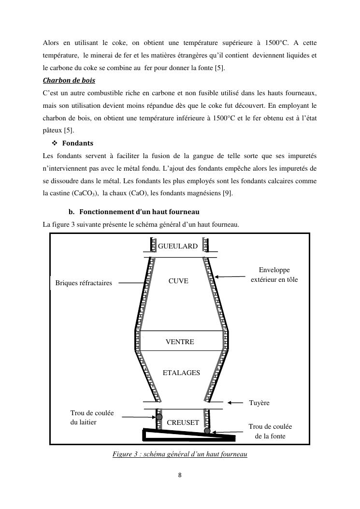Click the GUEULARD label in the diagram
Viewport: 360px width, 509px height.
[178, 246]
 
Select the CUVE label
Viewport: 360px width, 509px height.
[178, 281]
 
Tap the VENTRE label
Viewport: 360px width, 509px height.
[180, 342]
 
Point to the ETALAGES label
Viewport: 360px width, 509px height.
[181, 373]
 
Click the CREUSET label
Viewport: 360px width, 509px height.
[183, 422]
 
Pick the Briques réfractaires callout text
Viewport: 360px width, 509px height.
[84, 283]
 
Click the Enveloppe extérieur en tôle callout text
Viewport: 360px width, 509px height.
[274, 275]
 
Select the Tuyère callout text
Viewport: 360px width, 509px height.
[259, 403]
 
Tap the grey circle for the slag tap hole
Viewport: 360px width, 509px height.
[158, 417]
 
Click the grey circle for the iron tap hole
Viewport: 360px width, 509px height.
[207, 431]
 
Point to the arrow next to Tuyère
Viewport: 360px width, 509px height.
[236, 402]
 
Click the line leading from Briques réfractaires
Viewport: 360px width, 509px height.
[131, 283]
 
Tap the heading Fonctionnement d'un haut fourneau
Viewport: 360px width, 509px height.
[139, 212]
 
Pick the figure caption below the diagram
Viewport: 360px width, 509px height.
[180, 454]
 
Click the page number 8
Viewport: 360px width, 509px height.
[180, 475]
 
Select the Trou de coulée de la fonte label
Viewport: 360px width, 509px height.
[270, 431]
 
